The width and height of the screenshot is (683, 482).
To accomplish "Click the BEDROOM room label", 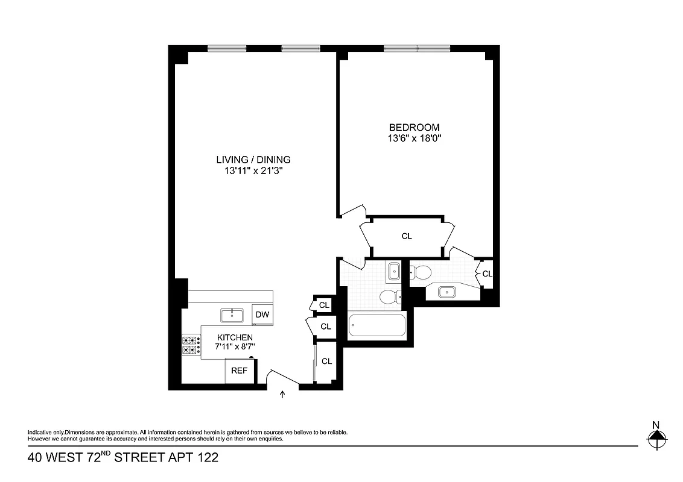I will pyautogui.click(x=414, y=128).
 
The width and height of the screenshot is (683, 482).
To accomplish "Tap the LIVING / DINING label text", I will pyautogui.click(x=253, y=160).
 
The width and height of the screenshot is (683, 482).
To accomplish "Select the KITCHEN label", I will pyautogui.click(x=235, y=337).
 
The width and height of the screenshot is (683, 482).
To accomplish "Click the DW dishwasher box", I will pyautogui.click(x=261, y=315).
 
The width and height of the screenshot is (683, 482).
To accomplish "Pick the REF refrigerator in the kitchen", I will pyautogui.click(x=240, y=371).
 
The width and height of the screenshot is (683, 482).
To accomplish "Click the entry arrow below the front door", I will pyautogui.click(x=282, y=395).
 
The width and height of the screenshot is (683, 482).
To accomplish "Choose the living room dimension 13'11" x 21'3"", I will pyautogui.click(x=253, y=171).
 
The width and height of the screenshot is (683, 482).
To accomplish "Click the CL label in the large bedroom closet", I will pyautogui.click(x=407, y=236).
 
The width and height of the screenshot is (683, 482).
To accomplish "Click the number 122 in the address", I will pyautogui.click(x=206, y=458).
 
